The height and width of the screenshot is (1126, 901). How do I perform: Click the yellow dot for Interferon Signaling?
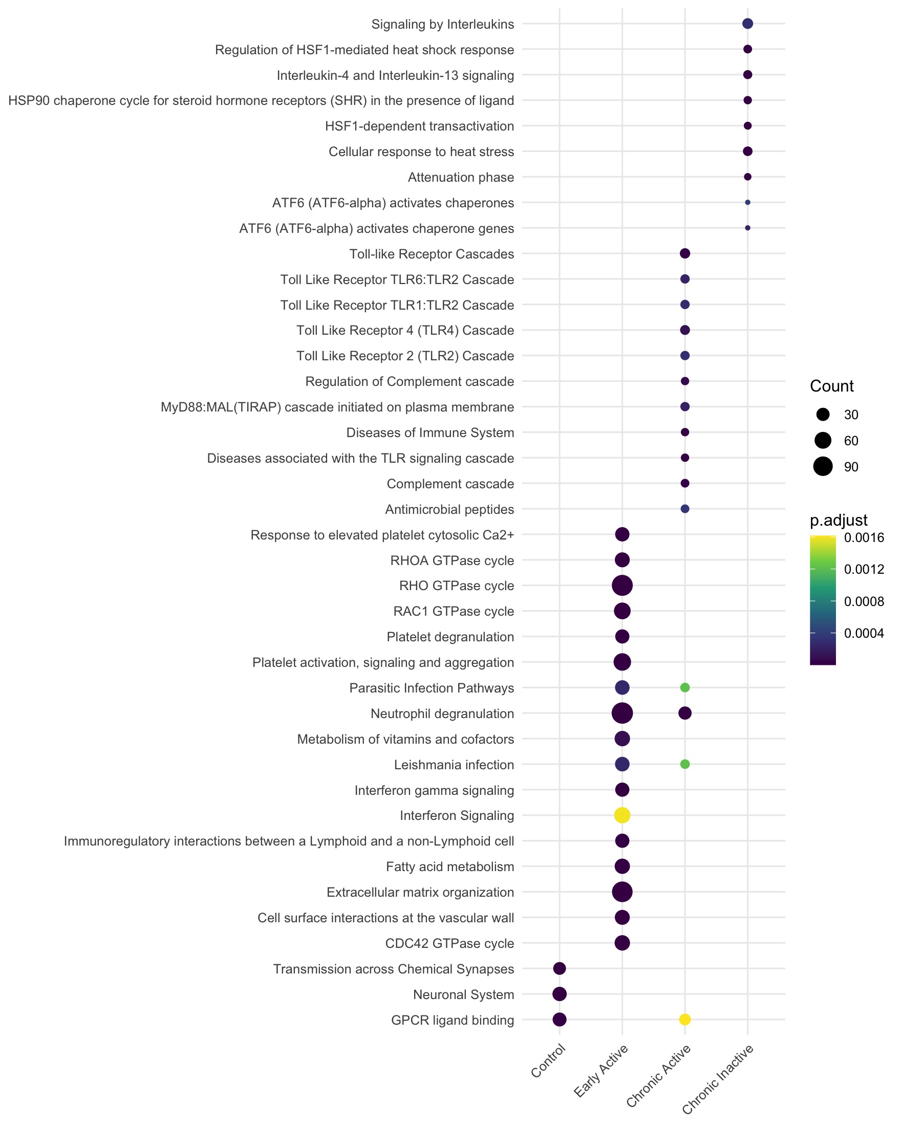(621, 815)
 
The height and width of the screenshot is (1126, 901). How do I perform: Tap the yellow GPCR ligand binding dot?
(685, 1019)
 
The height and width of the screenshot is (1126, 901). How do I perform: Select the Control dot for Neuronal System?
(559, 993)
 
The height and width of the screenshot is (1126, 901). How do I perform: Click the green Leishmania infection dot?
(685, 764)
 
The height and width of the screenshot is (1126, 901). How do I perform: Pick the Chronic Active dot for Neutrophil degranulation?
(685, 713)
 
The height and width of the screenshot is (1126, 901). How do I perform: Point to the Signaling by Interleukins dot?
(747, 24)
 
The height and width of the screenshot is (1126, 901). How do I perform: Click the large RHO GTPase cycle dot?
(621, 586)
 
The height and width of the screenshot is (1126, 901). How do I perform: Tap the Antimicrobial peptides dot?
(685, 509)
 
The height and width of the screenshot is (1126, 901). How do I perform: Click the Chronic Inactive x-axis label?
(719, 1078)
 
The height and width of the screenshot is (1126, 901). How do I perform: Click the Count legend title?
(831, 386)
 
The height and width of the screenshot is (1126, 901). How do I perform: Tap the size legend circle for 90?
(823, 466)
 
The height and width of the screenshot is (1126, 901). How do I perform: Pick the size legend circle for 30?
(823, 415)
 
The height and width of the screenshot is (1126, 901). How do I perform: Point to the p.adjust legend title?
(839, 520)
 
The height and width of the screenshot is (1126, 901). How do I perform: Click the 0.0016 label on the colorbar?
(864, 537)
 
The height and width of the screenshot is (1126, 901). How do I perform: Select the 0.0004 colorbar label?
(864, 633)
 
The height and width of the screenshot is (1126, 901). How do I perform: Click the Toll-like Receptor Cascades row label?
(432, 254)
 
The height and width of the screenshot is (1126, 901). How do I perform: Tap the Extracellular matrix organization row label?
(420, 892)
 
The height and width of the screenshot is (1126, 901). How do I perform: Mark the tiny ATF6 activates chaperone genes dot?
(747, 228)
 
